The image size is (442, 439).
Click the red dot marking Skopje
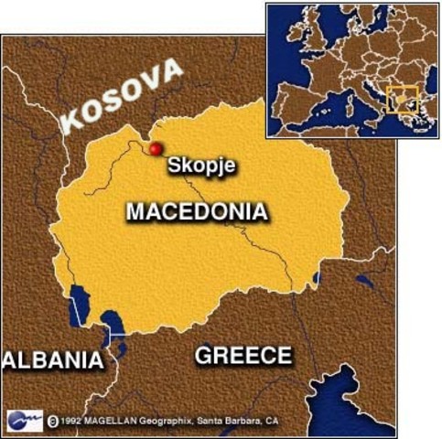(155, 149)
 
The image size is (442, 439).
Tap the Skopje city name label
(201, 166)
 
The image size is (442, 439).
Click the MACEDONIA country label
(197, 212)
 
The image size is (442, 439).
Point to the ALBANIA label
(53, 359)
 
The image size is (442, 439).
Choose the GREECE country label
(243, 355)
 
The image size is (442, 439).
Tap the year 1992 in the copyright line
(72, 420)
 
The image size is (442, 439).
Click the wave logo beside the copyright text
(24, 419)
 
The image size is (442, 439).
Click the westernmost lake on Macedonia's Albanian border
(78, 305)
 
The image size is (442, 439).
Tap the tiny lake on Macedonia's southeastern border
(317, 277)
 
